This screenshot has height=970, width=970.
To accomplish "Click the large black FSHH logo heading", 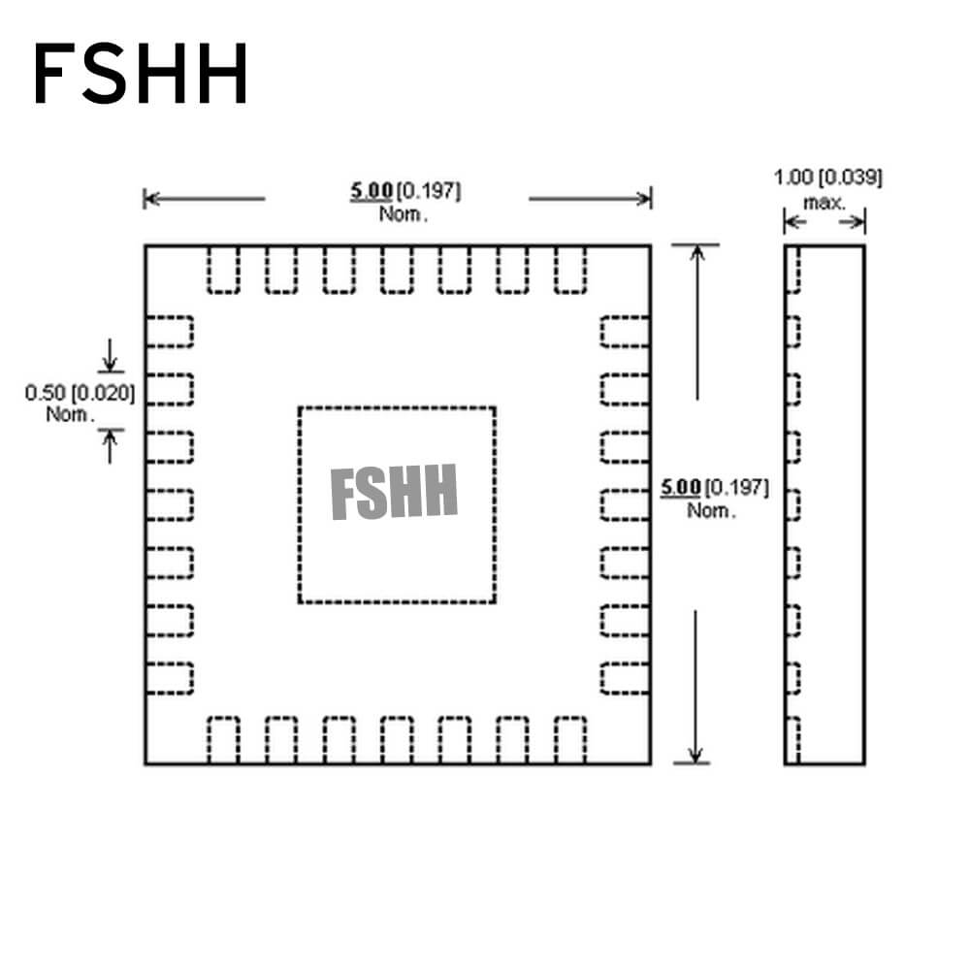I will coord(142,75).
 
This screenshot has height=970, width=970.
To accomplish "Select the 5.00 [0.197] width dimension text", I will coord(405,191).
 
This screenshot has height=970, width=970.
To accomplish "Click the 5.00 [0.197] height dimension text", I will coord(714,487).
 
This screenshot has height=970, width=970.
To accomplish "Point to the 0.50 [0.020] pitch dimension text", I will coord(80,393).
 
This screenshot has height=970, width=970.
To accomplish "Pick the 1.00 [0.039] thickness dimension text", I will coord(827,178).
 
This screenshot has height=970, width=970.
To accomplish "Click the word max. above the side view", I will coord(824,204).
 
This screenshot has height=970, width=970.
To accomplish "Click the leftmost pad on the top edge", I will coord(223,270).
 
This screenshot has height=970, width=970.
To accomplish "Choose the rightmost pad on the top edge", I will coord(570,270).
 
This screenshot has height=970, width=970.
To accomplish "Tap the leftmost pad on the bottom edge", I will coord(223,739).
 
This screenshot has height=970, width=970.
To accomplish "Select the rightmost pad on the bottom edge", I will coord(570,739).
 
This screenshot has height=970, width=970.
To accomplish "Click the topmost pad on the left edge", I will coord(170,331).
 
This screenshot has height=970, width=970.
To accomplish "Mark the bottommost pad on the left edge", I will coord(170,677).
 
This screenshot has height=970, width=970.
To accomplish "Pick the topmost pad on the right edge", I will coord(625,331).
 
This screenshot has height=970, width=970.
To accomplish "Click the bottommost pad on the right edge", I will coord(625,677).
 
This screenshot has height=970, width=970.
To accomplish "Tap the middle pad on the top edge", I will coord(397,270).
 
